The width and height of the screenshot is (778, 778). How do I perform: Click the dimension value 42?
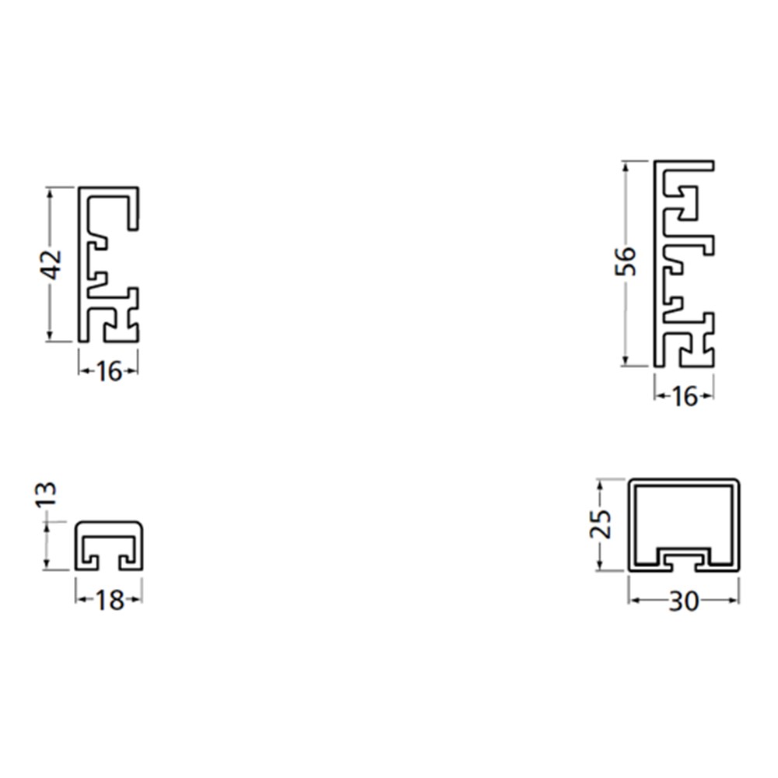click(51, 265)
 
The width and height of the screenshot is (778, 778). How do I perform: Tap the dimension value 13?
click(47, 494)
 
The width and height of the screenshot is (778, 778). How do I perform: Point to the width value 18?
click(109, 601)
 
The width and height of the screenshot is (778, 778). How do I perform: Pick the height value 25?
click(600, 524)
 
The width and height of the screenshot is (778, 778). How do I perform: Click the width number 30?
click(684, 601)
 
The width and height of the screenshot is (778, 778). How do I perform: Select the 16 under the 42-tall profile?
click(108, 371)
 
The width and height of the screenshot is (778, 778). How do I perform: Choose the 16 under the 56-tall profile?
click(685, 397)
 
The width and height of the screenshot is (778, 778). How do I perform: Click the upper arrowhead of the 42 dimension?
click(49, 192)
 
